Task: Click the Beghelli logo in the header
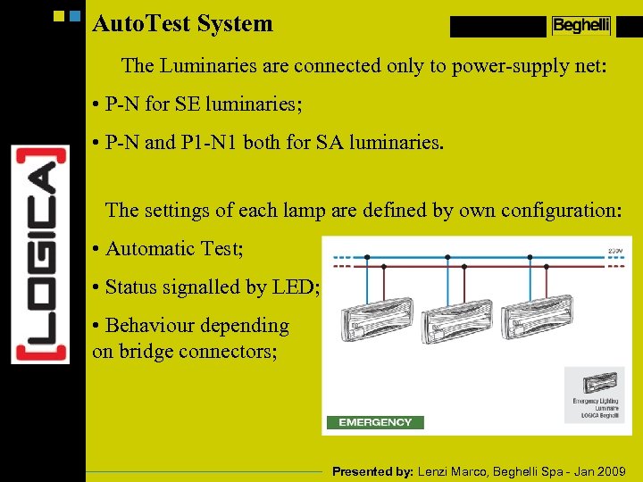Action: (580, 26)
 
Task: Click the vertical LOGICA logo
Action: (40, 254)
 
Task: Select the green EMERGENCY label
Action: (375, 422)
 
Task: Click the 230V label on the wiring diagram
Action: (615, 252)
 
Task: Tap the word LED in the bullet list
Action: (299, 287)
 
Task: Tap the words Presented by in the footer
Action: (372, 471)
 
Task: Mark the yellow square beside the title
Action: (60, 16)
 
